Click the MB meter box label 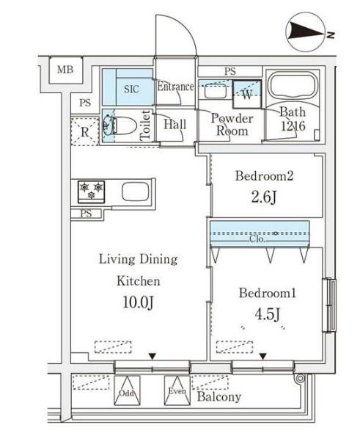(65, 69)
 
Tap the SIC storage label (131, 89)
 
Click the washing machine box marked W (246, 95)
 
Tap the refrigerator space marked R (85, 131)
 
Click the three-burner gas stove (91, 192)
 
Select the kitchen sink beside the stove (135, 192)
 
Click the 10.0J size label (138, 302)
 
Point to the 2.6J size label (263, 197)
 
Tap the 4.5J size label (268, 314)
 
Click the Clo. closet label (257, 239)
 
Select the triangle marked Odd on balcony (127, 390)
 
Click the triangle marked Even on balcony (177, 390)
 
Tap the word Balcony (219, 397)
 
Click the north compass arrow (306, 32)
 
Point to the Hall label (175, 124)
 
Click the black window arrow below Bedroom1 (263, 357)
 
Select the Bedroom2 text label (264, 176)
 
